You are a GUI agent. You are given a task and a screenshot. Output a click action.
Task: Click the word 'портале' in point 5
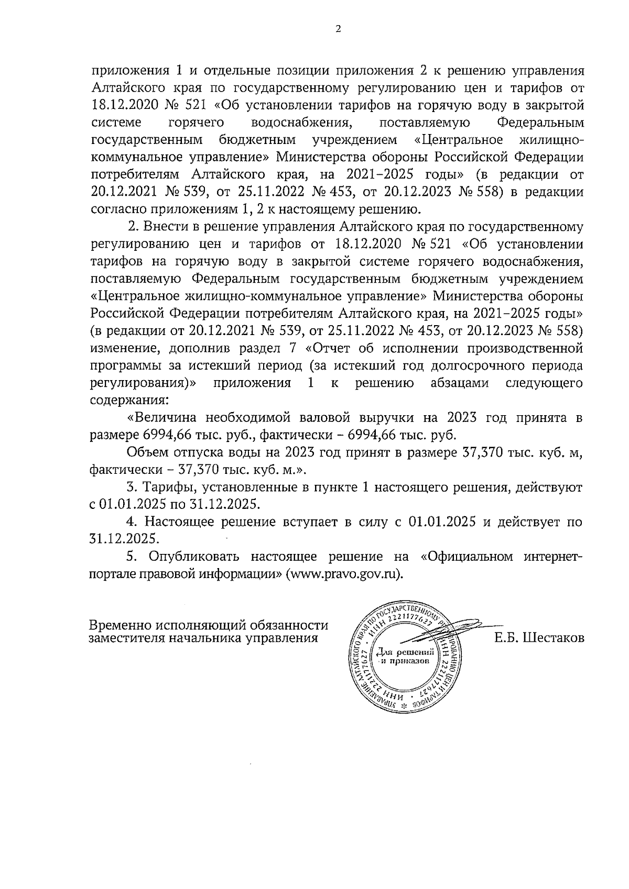pyautogui.click(x=112, y=573)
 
